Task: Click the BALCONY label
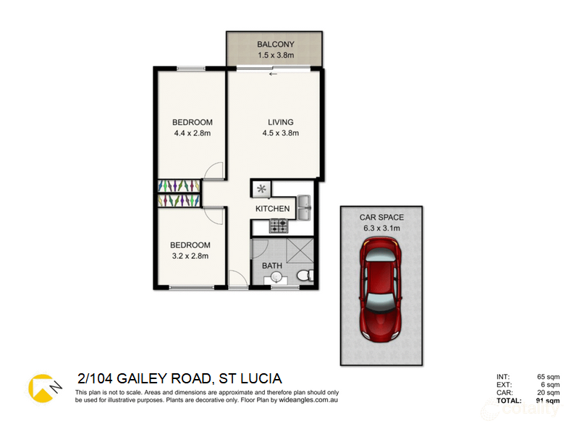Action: point(274,43)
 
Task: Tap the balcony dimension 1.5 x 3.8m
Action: point(274,54)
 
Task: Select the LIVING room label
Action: point(281,122)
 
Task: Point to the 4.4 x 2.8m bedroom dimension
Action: point(192,133)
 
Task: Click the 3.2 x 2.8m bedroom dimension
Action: point(191,256)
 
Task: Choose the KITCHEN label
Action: point(273,209)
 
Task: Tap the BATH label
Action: point(272,266)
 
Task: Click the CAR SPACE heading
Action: point(381,217)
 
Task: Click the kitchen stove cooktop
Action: point(279,226)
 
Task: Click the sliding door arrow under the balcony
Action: point(273,74)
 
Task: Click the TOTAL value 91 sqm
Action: point(548,400)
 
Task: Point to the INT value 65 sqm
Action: point(548,377)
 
